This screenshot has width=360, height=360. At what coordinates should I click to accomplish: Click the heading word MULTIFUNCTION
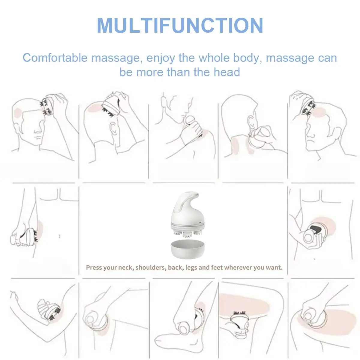tap(180, 25)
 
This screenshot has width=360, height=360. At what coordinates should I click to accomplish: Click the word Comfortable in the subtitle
tap(55, 58)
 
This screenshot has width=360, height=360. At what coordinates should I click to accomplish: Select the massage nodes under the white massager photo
tap(187, 233)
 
